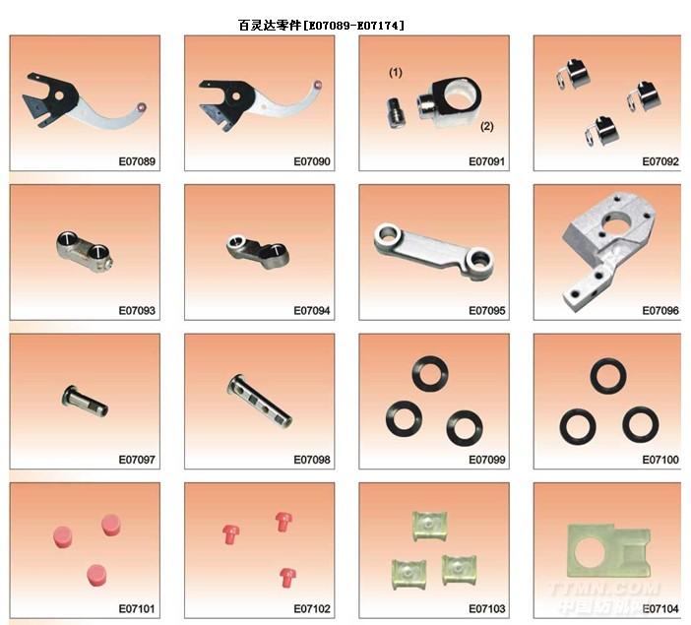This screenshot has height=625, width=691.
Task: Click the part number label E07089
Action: tap(137, 161)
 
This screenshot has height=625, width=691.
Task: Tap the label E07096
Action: tap(660, 311)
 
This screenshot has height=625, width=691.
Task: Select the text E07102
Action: tap(312, 609)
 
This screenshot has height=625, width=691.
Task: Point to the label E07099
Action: tap(486, 461)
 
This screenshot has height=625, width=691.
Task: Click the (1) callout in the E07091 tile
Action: tap(396, 72)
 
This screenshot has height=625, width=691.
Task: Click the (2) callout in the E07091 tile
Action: tap(486, 127)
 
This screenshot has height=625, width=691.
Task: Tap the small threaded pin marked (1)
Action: tap(396, 114)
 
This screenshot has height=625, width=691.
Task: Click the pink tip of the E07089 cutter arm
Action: tap(142, 107)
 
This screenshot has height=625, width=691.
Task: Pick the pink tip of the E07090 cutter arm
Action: tap(317, 85)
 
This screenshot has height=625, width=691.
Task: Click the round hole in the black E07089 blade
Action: tap(59, 95)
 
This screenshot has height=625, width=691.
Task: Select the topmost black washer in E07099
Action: tap(430, 374)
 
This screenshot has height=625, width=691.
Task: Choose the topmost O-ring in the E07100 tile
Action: tap(608, 376)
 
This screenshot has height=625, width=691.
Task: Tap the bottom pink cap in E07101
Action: tap(96, 575)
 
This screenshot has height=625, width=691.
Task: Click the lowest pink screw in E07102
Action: tap(287, 578)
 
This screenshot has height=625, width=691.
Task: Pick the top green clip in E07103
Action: tap(430, 525)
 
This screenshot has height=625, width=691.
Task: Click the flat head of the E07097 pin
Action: tap(67, 396)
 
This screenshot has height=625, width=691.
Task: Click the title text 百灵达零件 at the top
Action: tap(270, 26)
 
